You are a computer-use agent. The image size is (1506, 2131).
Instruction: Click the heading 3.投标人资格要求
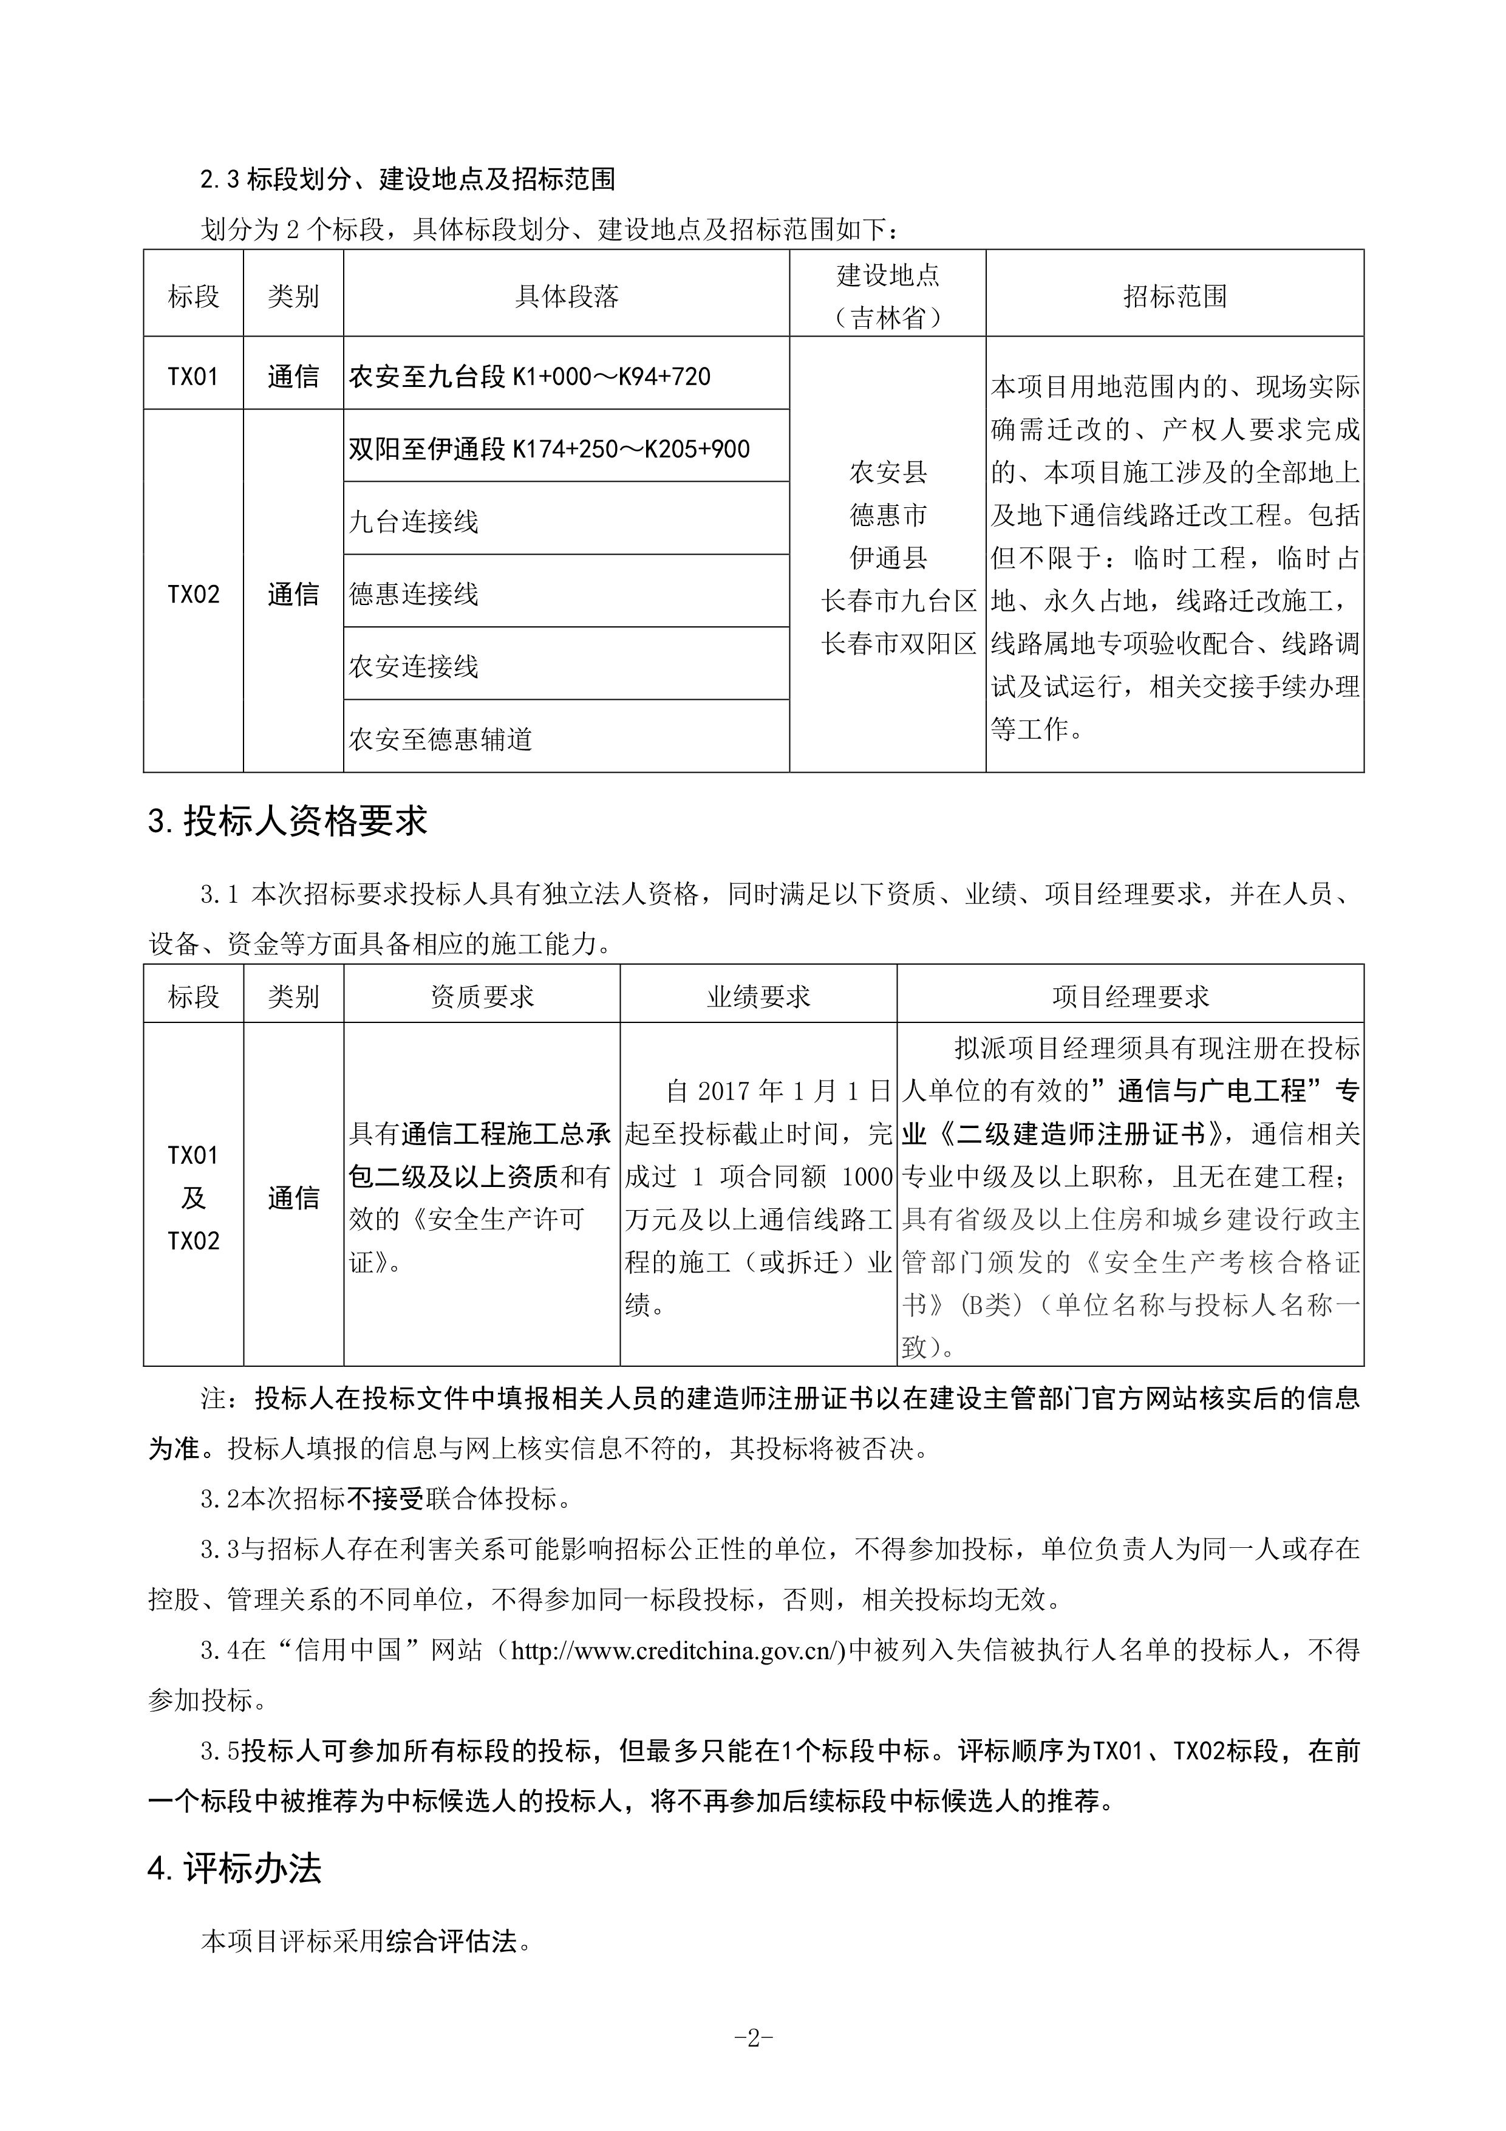288,821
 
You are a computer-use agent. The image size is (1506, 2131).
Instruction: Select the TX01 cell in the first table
193,377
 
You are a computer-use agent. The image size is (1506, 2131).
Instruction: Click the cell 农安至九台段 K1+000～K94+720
530,377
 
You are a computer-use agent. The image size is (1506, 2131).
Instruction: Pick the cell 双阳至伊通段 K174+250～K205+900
550,449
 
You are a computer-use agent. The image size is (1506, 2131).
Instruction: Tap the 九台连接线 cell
414,522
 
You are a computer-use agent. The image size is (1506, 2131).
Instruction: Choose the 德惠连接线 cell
414,594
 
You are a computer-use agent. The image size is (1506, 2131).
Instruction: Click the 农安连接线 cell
414,666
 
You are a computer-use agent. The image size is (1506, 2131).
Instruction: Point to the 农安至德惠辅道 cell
441,739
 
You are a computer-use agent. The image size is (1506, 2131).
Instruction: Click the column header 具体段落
566,297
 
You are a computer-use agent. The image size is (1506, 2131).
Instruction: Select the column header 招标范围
1174,297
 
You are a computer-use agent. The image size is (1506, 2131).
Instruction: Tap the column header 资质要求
482,997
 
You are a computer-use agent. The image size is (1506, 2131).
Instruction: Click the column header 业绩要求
758,997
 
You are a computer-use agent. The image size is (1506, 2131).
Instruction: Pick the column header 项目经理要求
1130,997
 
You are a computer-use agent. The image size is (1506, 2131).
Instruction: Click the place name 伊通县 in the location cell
888,558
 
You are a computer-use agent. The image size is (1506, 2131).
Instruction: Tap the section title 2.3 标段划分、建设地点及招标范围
408,179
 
